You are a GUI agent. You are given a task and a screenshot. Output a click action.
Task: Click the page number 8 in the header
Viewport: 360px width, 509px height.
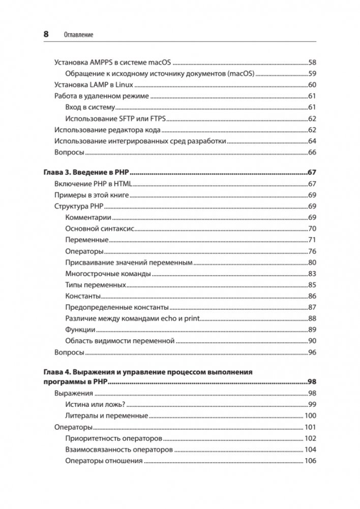click(46, 34)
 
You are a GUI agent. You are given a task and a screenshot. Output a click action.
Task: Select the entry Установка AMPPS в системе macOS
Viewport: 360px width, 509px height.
click(112, 63)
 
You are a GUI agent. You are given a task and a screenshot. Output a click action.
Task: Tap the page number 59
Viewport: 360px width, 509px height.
click(312, 74)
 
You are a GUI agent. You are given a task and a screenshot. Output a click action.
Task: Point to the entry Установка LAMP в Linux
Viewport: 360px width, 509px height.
click(93, 85)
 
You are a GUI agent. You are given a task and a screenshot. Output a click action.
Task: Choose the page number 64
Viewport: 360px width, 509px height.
click(312, 141)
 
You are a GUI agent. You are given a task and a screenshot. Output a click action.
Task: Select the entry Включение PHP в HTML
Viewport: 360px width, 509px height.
click(93, 184)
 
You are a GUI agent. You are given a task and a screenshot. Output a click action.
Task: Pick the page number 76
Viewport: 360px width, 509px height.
click(312, 251)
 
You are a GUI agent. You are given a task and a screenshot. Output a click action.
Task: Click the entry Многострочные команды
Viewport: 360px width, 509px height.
click(108, 274)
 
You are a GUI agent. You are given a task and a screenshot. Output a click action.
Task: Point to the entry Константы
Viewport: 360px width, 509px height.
click(83, 296)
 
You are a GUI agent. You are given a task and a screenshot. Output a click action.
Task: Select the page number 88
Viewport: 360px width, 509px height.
click(312, 318)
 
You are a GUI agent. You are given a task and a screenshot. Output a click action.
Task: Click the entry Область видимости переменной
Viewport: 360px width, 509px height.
click(120, 341)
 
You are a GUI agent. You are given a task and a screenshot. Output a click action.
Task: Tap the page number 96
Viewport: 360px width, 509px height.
click(312, 352)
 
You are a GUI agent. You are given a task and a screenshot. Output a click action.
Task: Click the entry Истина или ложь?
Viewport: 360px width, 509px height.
click(96, 404)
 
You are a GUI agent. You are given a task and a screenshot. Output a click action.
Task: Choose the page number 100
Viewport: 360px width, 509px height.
click(310, 415)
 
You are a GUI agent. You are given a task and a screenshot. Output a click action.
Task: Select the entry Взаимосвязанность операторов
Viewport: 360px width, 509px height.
click(119, 450)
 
